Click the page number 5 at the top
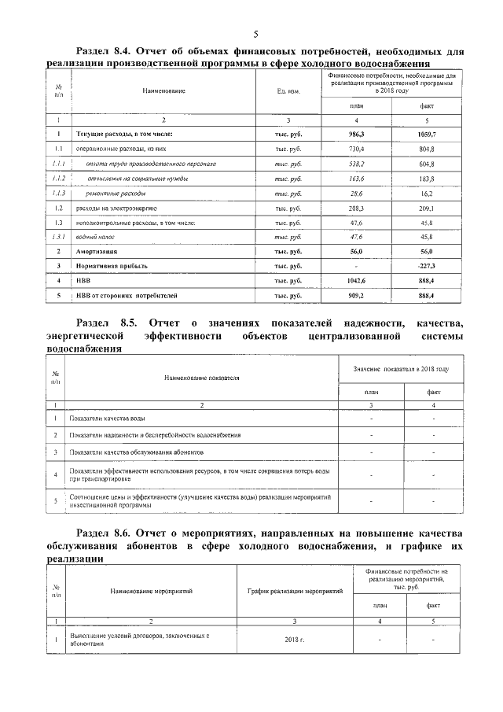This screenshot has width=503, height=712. [x=255, y=33]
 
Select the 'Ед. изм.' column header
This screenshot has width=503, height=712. [x=289, y=91]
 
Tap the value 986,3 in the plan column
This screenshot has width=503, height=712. [x=356, y=135]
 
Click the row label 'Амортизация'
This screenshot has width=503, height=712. [x=97, y=251]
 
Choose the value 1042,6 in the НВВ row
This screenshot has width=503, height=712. [x=356, y=280]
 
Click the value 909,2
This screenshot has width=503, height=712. [x=356, y=295]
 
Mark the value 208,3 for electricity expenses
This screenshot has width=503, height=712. [x=356, y=208]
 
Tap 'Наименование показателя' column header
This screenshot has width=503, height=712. [x=201, y=378]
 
